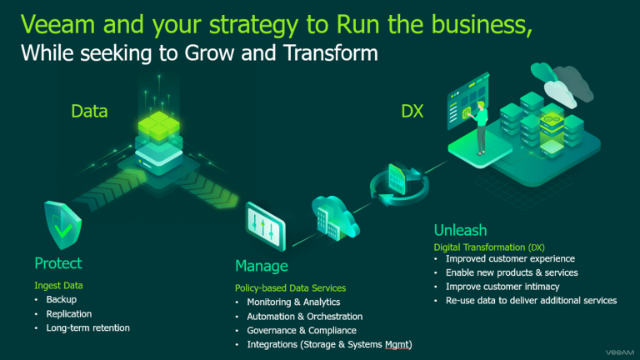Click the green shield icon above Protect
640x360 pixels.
pos(62,225)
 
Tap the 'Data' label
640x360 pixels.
pos(89,111)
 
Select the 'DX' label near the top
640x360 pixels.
pos(412,111)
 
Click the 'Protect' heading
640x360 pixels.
pos(58,263)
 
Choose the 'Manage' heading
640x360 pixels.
pos(262,266)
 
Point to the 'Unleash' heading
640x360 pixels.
pos(460,230)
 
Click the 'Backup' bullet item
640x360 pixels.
pos(61,300)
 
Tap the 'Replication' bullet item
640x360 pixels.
pos(69,314)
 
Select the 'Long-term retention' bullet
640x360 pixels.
pos(87,327)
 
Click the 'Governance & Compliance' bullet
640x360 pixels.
pos(302,330)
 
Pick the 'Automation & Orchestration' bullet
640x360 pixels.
pos(304,317)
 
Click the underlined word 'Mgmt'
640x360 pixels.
pos(397,344)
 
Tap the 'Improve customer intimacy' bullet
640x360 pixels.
pos(502,287)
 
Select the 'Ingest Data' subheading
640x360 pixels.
pos(58,285)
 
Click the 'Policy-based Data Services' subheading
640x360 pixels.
pos(290,288)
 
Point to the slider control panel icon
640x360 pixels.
pos(265,226)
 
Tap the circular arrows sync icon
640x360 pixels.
pos(400,182)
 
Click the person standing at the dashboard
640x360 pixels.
pos(480,127)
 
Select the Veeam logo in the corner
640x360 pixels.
pos(620,352)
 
